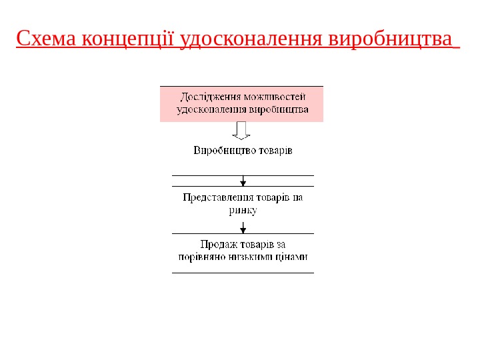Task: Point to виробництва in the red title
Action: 390,39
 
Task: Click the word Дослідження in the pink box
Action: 211,97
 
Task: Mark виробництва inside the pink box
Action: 279,109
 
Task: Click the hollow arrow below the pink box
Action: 241,130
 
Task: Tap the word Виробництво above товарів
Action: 223,151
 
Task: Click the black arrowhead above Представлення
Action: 243,182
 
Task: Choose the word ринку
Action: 243,210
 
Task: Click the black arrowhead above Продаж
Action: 243,229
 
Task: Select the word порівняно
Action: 202,257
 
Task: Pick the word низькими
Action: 251,257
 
